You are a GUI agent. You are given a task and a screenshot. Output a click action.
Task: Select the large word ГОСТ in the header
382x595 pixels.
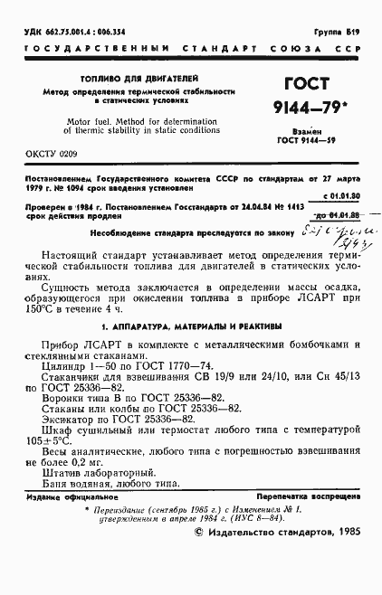pyautogui.click(x=307, y=85)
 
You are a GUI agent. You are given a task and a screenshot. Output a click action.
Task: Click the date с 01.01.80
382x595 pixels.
pyautogui.click(x=342, y=194)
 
